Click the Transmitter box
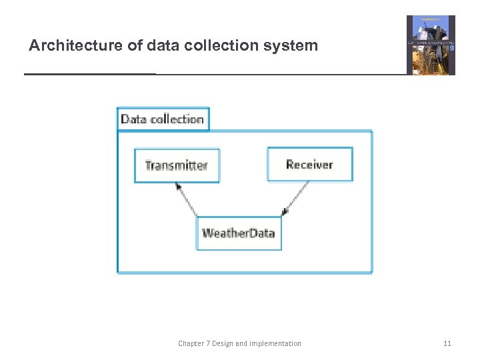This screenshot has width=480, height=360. [x=177, y=165]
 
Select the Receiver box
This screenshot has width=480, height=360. [x=309, y=165]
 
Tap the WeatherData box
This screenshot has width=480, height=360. [x=239, y=233]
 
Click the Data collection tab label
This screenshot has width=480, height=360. [x=163, y=119]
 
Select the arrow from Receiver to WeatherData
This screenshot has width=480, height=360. [x=297, y=197]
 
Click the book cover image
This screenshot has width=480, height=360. [x=431, y=45]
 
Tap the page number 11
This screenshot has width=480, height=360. [x=447, y=343]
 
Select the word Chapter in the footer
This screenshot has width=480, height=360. [x=192, y=343]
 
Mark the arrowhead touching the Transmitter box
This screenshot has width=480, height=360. [x=179, y=186]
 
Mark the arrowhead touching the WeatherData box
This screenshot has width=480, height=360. [x=285, y=212]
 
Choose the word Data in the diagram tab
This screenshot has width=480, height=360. [x=133, y=119]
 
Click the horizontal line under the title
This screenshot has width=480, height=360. [x=213, y=74]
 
